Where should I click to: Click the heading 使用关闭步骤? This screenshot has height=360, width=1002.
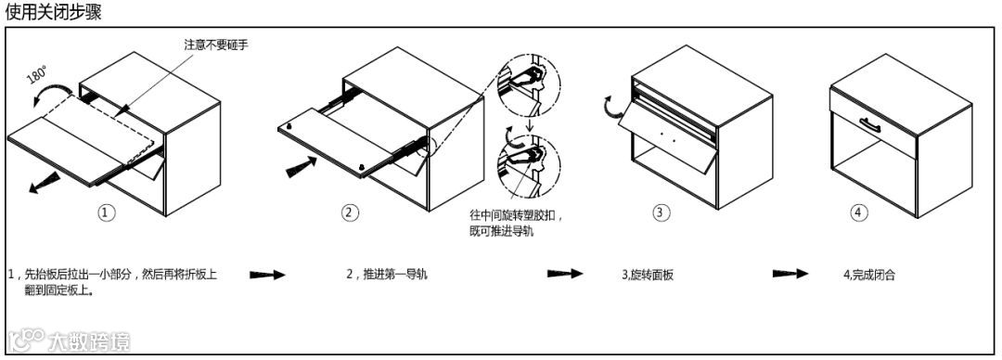point(53,12)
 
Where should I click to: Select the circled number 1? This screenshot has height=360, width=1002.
point(107,212)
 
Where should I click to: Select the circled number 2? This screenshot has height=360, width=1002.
point(349,212)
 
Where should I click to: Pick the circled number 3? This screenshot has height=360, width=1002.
point(662,212)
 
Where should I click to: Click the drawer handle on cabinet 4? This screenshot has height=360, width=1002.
point(870,124)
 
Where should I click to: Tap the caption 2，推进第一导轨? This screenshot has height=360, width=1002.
point(387,275)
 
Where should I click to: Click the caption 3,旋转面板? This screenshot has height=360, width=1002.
point(648,275)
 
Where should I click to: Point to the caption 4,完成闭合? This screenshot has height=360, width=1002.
point(869,275)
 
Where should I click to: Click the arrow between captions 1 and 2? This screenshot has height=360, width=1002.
point(266,275)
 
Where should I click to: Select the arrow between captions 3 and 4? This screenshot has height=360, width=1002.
point(790,274)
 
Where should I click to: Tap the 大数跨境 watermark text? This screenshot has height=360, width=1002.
point(89,341)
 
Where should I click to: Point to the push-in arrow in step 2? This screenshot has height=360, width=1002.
point(301,168)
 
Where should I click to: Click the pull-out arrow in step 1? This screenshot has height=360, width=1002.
point(44,184)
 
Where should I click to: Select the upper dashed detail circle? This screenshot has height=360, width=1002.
point(529,85)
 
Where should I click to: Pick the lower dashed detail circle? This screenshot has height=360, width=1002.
point(529,166)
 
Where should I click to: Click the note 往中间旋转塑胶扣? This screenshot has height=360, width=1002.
point(517,214)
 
